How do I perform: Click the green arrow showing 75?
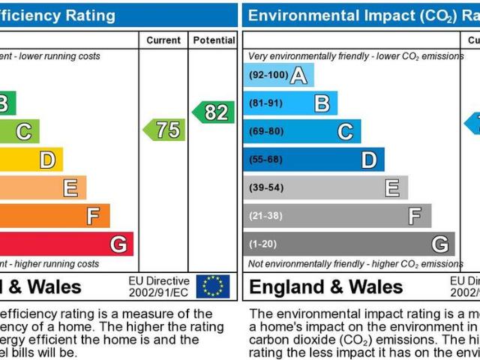(x=164, y=130)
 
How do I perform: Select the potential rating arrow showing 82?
(x=213, y=112)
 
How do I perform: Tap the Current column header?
(x=163, y=40)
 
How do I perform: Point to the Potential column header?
(x=214, y=40)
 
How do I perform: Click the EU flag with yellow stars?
(x=213, y=286)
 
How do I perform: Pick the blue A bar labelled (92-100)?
(x=278, y=75)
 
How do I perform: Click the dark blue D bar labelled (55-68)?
(x=313, y=159)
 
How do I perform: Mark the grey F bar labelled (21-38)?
(x=337, y=216)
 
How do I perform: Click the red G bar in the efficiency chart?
(x=67, y=244)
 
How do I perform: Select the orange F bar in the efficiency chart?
(x=56, y=216)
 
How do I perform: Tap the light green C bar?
(x=19, y=131)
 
